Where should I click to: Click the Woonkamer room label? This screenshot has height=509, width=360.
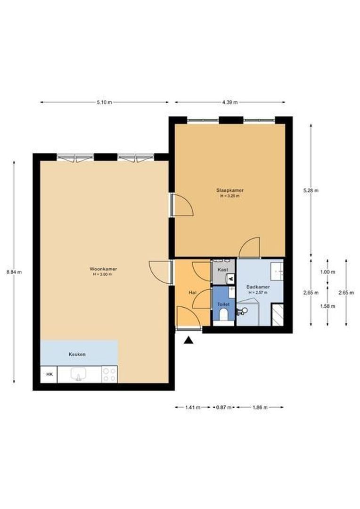(103, 269)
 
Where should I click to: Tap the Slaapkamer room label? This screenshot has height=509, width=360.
(230, 190)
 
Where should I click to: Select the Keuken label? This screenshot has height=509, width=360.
(77, 354)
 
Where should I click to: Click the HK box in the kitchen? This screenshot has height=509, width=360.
(49, 374)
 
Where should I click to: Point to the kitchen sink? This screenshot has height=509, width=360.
(78, 374)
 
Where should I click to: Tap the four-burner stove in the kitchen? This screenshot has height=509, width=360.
(109, 374)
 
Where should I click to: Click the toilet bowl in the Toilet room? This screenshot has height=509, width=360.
(223, 314)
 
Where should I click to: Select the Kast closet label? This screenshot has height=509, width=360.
(223, 270)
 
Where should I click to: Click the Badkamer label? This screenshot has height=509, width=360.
(258, 287)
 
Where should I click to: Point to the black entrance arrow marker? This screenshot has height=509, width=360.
(188, 340)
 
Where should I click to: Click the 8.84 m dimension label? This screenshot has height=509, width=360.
(14, 272)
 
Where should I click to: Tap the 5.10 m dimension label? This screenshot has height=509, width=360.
(104, 102)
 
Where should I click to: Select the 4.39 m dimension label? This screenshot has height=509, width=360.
(230, 102)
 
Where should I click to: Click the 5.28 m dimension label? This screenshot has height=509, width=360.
(311, 190)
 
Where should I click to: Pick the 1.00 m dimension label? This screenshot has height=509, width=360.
(327, 272)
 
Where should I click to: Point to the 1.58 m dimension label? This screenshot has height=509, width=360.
(327, 306)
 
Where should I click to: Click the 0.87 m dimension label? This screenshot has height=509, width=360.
(224, 407)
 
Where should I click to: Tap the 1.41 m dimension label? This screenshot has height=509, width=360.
(193, 407)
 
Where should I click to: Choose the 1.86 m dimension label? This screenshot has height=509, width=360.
(260, 407)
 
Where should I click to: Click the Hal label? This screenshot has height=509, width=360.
(193, 293)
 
